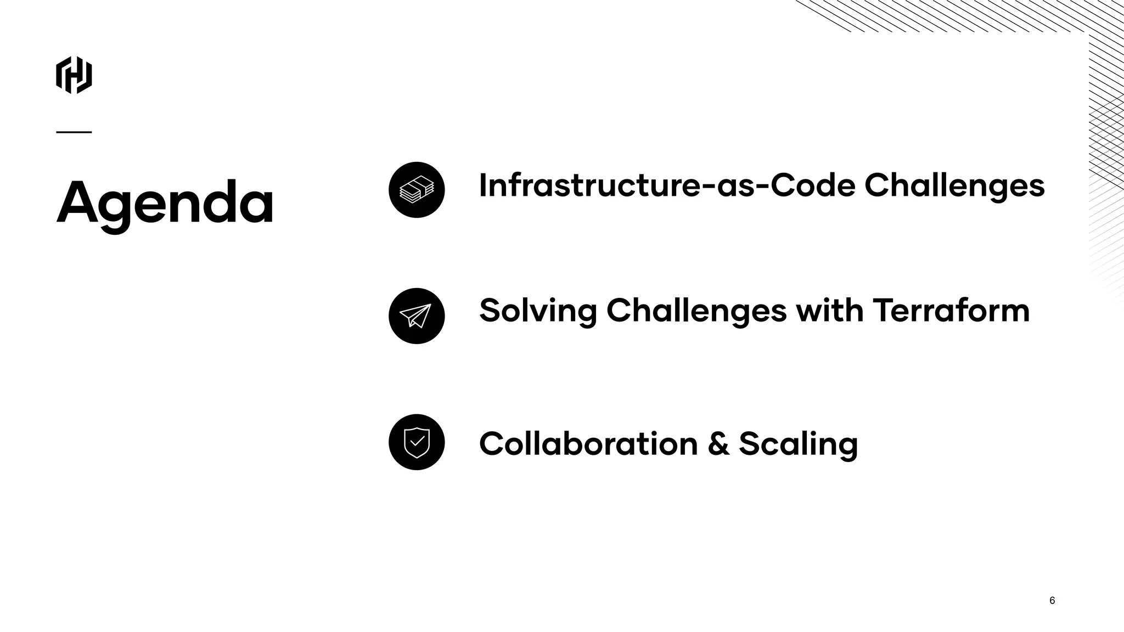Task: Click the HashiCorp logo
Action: (74, 75)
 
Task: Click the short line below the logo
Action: (74, 132)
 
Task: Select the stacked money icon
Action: (417, 190)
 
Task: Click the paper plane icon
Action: (417, 316)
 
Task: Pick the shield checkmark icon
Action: (417, 442)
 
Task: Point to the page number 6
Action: (1052, 600)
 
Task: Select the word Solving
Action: (538, 311)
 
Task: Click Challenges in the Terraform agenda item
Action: (696, 311)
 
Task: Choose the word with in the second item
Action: (829, 310)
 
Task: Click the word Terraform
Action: (951, 311)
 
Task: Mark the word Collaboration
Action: (588, 443)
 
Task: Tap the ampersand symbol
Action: (718, 444)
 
